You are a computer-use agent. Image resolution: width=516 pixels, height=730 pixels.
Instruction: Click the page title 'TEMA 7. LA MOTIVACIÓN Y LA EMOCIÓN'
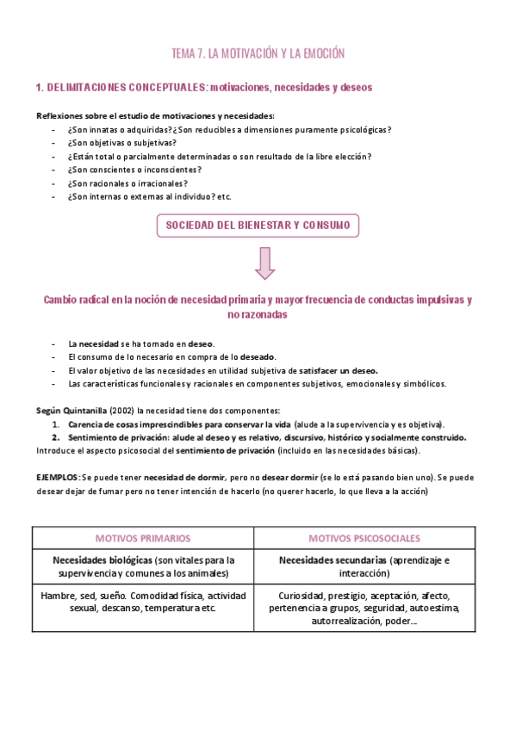click(x=258, y=53)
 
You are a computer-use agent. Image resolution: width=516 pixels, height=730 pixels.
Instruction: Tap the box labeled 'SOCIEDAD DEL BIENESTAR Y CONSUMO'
click(x=258, y=226)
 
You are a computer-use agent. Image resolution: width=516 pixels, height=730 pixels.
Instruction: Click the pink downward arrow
click(x=264, y=262)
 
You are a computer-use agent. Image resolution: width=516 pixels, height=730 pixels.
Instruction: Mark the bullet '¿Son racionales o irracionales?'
click(x=127, y=183)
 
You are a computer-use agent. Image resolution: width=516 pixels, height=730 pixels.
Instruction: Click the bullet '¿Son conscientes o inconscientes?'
click(x=133, y=170)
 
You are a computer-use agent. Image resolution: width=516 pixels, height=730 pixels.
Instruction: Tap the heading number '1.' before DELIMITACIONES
click(x=40, y=88)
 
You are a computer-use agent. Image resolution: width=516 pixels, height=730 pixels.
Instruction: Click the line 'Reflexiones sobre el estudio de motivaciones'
click(x=155, y=116)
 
